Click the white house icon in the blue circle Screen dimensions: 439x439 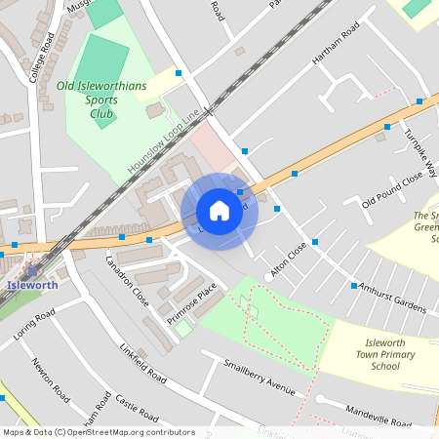[x=219, y=211]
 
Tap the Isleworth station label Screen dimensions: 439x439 [x=31, y=286]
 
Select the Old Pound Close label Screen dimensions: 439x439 [x=391, y=188]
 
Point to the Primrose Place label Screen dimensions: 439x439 [x=191, y=303]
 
